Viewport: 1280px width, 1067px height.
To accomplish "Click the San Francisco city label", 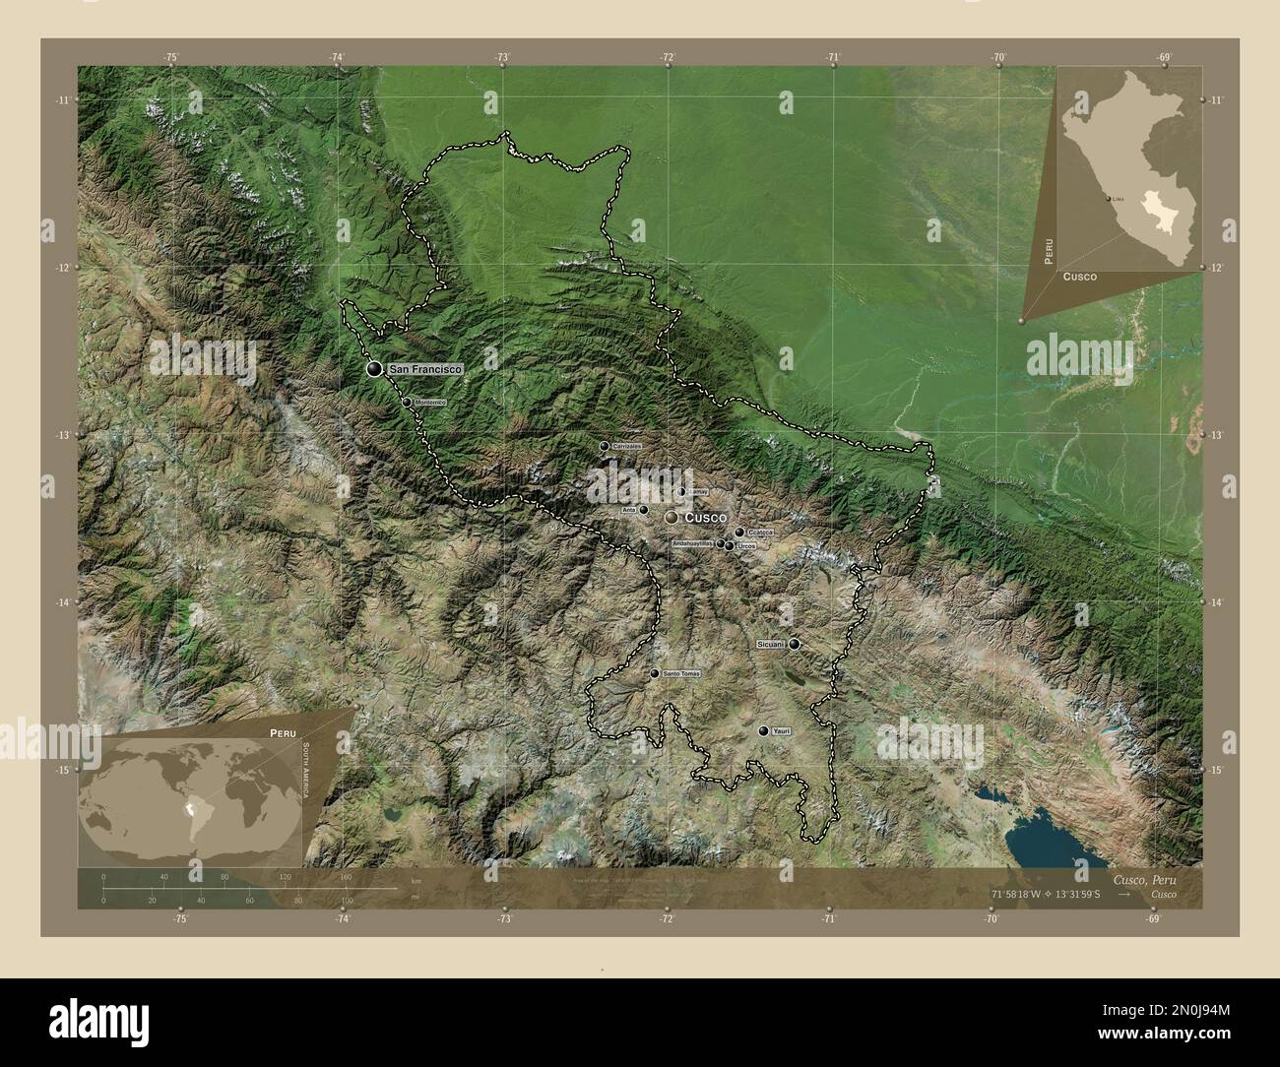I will tap(425, 369).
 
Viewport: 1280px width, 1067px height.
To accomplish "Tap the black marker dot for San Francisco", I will tap(374, 369).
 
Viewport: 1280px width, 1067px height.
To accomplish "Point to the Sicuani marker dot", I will tap(794, 644).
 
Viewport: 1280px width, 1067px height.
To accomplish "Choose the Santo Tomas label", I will tap(681, 674).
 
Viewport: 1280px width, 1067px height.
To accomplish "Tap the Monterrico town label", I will tap(430, 403).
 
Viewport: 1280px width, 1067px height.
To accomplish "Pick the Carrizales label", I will tap(626, 447).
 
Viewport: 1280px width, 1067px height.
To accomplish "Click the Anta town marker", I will tap(643, 510).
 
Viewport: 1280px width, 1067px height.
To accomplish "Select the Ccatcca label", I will tap(760, 533).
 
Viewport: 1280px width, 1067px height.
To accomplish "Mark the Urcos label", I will tap(746, 545).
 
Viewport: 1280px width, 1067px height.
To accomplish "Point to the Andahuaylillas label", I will tap(693, 543).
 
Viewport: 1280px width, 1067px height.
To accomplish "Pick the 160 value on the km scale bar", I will tap(345, 876).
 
